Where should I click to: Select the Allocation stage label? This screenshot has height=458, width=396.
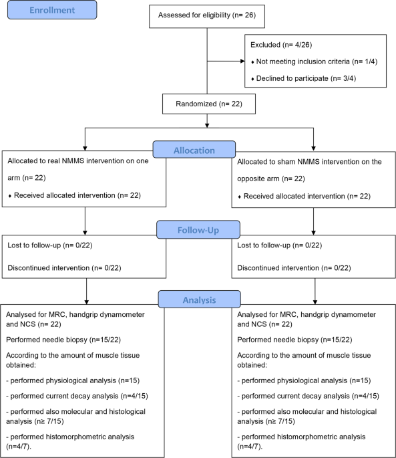click(194, 150)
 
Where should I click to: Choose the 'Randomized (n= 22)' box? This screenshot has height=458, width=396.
click(208, 104)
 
